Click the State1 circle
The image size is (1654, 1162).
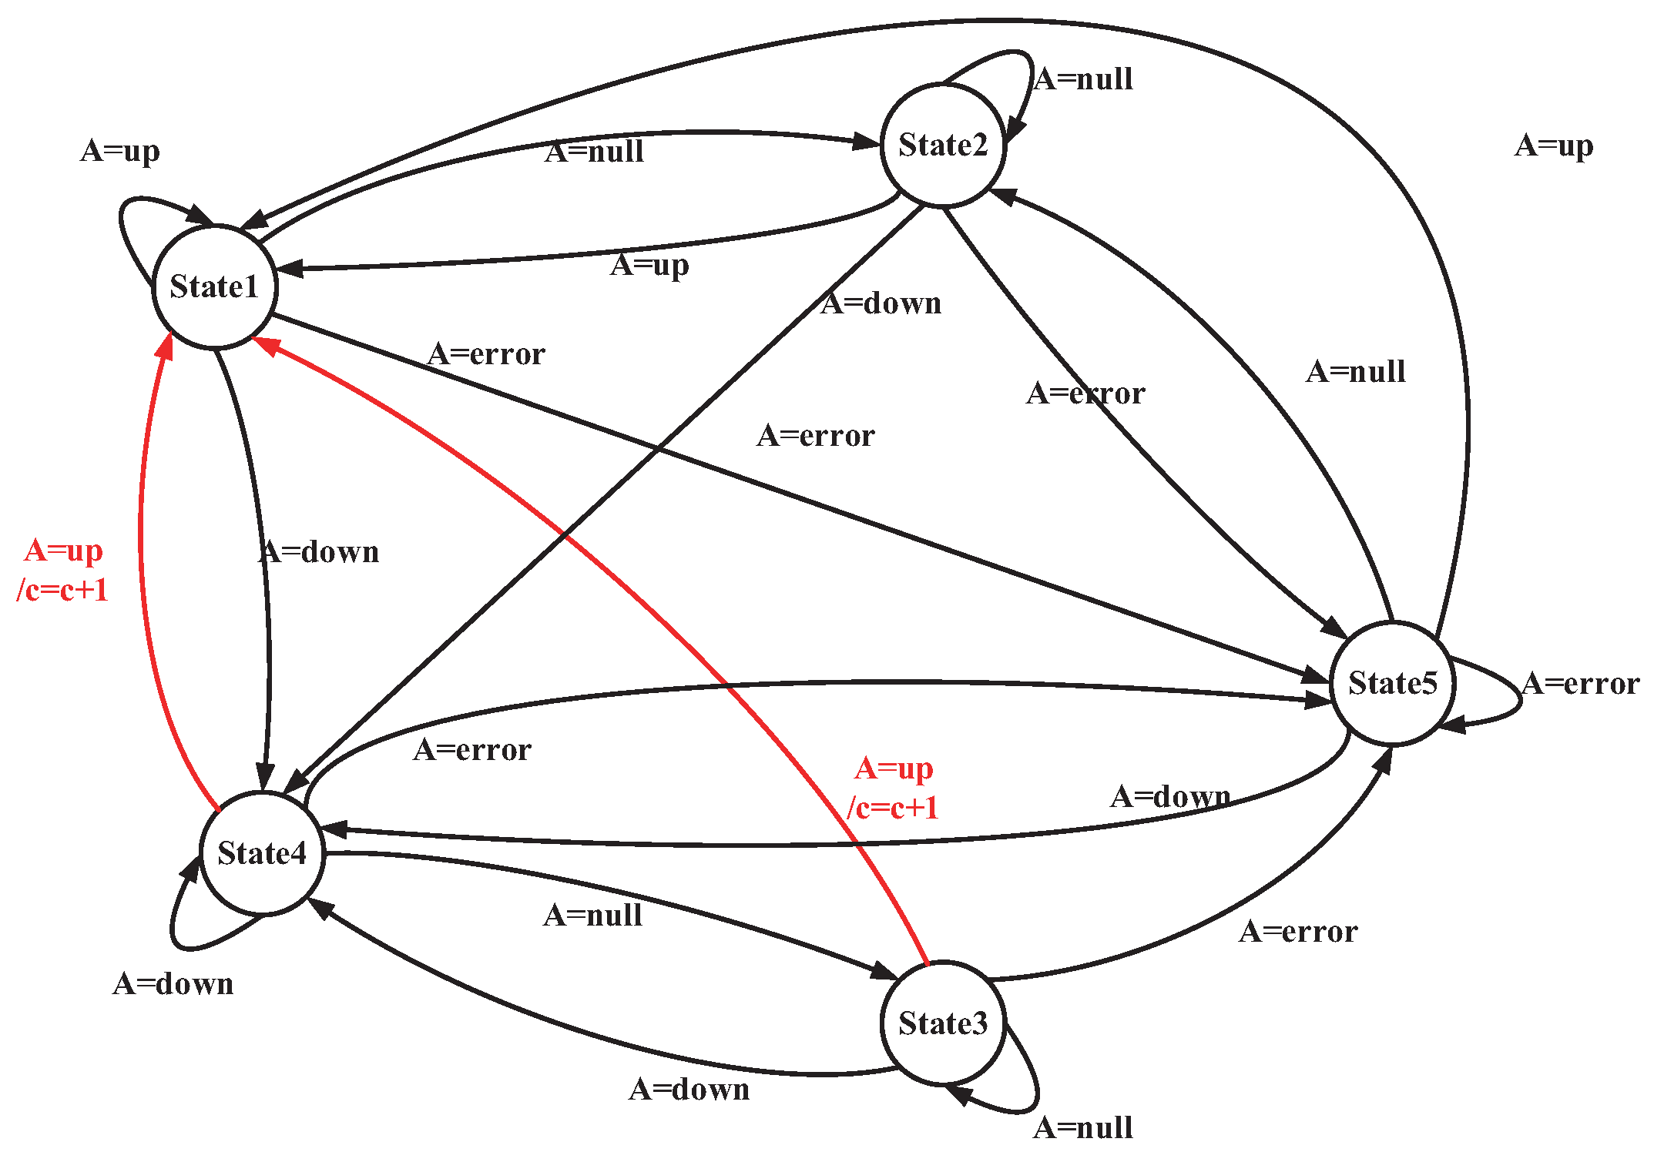(214, 286)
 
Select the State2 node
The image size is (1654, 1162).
(943, 145)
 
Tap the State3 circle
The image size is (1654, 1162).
(943, 1023)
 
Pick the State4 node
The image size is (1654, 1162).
(262, 853)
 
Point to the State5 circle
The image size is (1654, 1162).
(1392, 683)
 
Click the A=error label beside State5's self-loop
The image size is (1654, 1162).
(1581, 684)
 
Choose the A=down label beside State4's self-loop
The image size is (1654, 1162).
(173, 984)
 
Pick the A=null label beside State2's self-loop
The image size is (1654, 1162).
(1082, 79)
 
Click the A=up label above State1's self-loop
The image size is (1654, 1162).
(120, 151)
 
